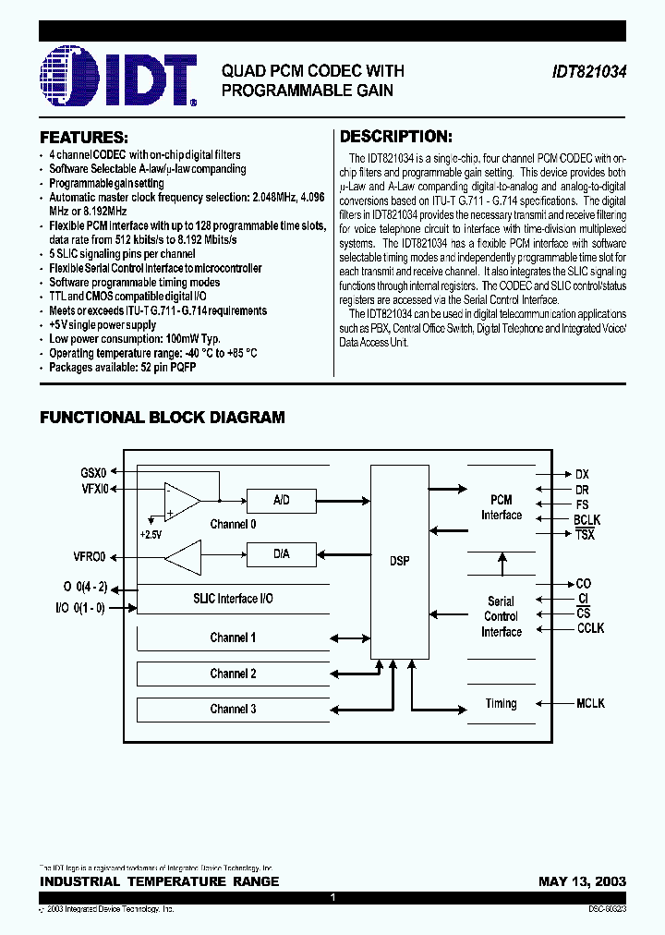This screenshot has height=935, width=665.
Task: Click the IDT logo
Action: [x=118, y=79]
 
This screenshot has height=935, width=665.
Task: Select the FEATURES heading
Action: [x=83, y=137]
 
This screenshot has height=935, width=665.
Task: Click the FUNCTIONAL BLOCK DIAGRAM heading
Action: [x=163, y=418]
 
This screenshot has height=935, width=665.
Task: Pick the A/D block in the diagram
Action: [x=282, y=501]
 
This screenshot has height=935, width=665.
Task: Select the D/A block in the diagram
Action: [x=282, y=554]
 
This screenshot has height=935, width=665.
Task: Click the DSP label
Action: [x=400, y=561]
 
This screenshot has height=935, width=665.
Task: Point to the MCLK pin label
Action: [x=590, y=703]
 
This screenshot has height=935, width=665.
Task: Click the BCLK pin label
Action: [x=586, y=521]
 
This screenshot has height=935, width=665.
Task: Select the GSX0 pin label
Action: [x=93, y=472]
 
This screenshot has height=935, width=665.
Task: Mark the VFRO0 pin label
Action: [x=90, y=557]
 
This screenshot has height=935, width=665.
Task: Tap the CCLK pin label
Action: [x=590, y=628]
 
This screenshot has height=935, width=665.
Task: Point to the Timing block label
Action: [x=502, y=703]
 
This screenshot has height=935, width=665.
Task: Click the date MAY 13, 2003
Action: [x=582, y=881]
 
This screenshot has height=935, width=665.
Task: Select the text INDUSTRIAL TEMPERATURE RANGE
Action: [x=159, y=881]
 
